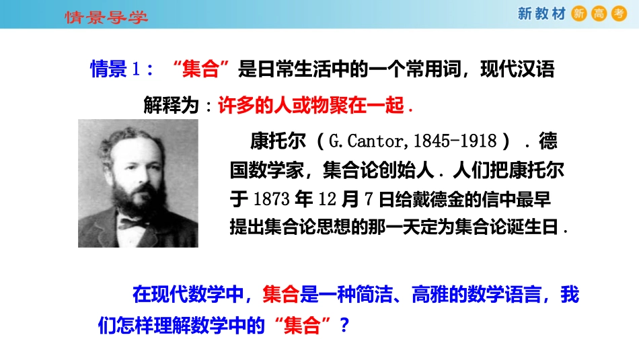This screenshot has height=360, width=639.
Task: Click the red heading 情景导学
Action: coord(106,16)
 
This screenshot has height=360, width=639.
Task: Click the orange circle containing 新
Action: coord(578,14)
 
